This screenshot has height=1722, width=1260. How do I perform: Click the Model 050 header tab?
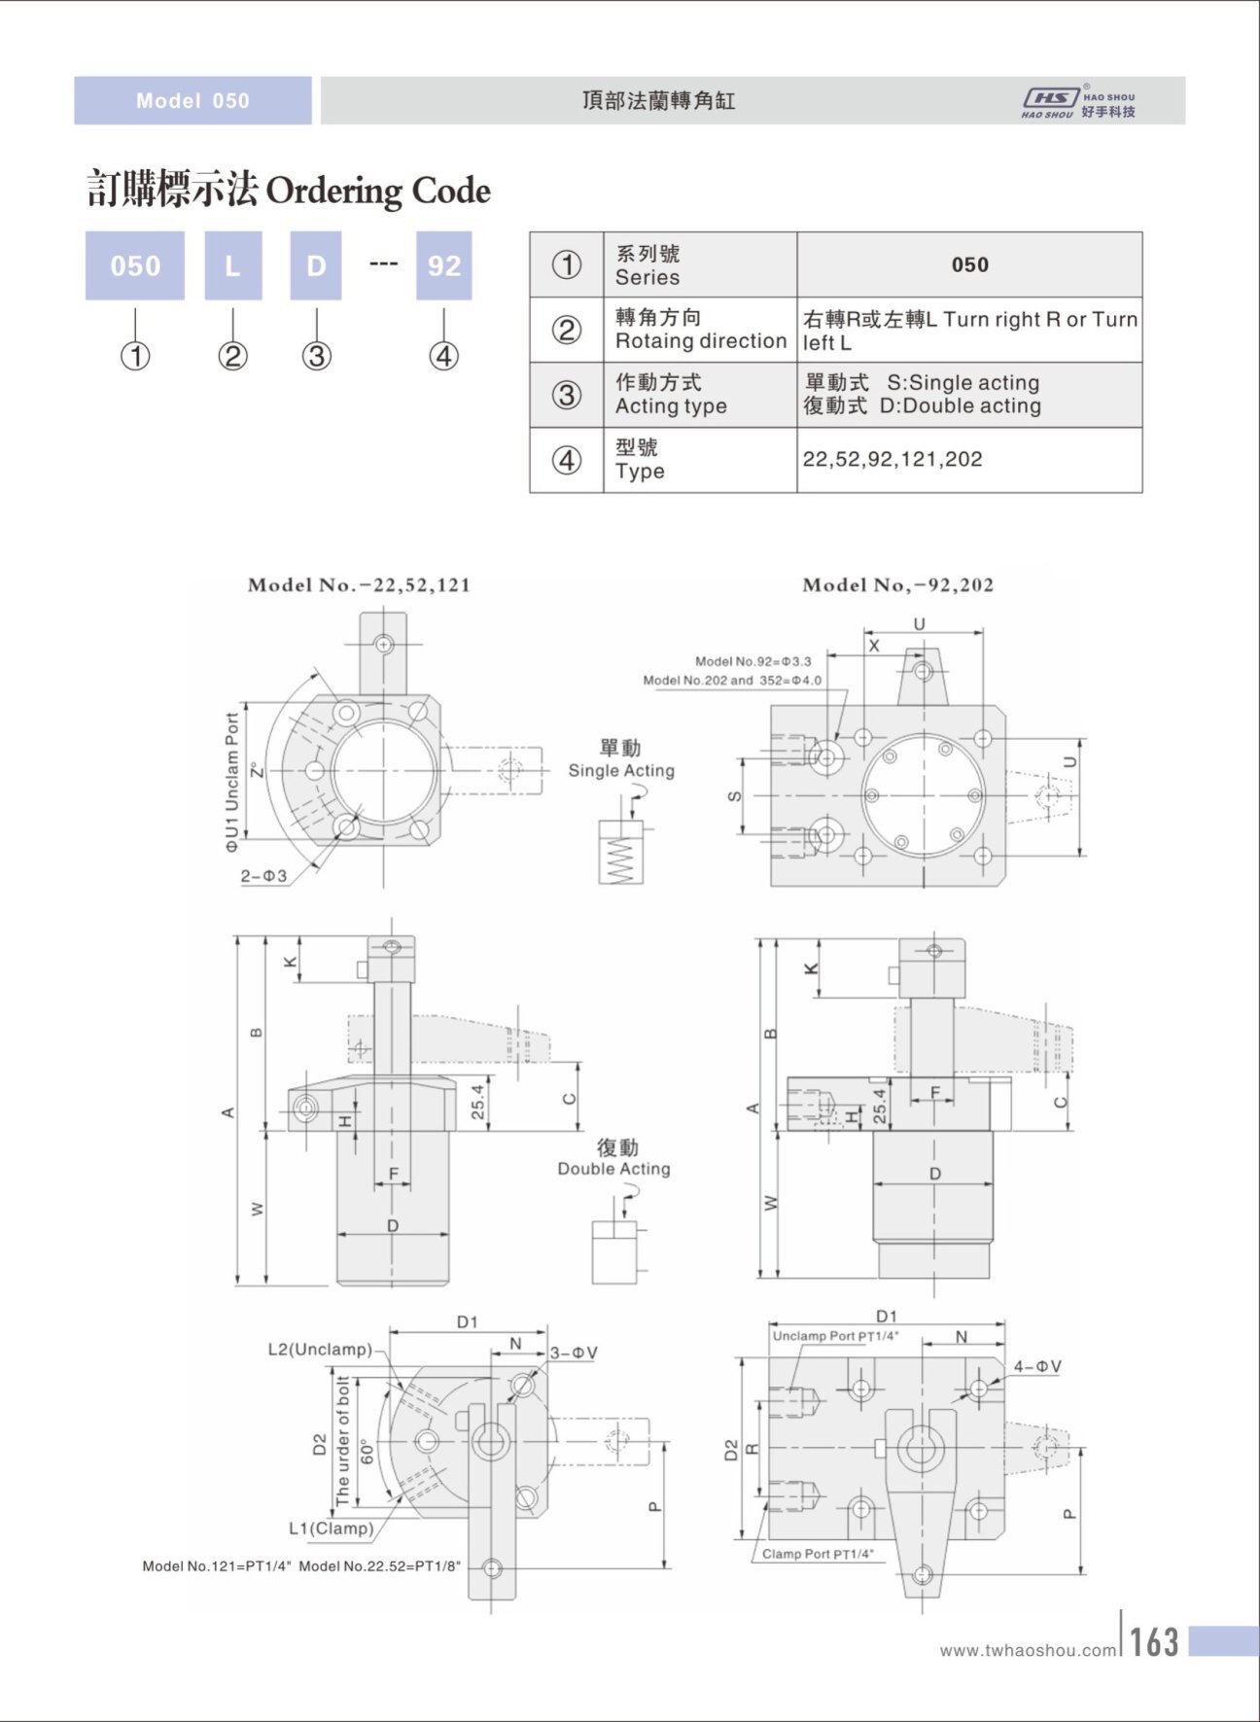point(192,101)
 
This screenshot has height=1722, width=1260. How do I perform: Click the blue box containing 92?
point(443,265)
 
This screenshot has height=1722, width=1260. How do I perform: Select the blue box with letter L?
point(232,265)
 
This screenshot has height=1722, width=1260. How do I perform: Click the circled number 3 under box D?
point(316,356)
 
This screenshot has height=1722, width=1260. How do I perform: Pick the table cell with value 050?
point(969,264)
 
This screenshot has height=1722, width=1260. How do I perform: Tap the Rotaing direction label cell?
point(700,330)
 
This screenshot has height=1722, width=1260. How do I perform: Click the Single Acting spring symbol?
point(620,853)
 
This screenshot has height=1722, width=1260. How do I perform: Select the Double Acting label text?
point(613,1169)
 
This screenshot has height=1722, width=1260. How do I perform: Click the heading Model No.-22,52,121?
point(359,585)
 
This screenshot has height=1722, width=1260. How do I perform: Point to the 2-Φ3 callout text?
point(263,876)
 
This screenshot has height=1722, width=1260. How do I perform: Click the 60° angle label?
point(367,1452)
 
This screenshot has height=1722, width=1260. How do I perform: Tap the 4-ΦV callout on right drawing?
point(1037,1367)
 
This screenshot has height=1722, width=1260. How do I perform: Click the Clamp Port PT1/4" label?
point(818,1554)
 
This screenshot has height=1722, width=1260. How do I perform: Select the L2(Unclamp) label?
point(320,1350)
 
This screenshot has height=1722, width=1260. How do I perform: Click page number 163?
point(1154,1642)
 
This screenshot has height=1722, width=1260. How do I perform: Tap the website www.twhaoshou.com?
point(1029,1650)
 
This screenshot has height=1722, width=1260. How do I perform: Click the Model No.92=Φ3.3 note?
point(752,661)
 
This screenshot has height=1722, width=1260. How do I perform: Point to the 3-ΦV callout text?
point(574,1353)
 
